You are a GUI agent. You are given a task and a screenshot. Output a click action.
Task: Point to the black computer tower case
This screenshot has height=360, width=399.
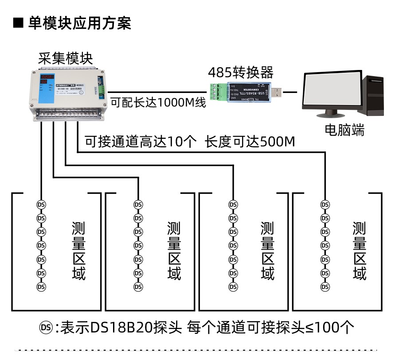pyautogui.click(x=372, y=95)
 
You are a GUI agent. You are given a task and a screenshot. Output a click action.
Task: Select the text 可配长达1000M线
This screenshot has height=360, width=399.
pyautogui.click(x=158, y=103)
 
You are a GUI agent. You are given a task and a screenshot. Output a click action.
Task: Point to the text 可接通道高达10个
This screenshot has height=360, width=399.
pyautogui.click(x=141, y=142)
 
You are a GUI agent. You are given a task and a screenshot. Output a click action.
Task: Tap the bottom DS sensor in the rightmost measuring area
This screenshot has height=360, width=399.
pyautogui.click(x=325, y=287)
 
